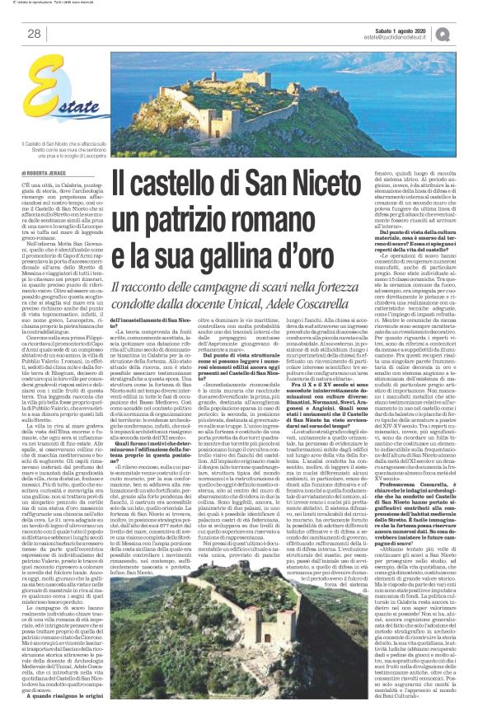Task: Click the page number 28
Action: pos(34,34)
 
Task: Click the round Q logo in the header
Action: pos(466,32)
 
